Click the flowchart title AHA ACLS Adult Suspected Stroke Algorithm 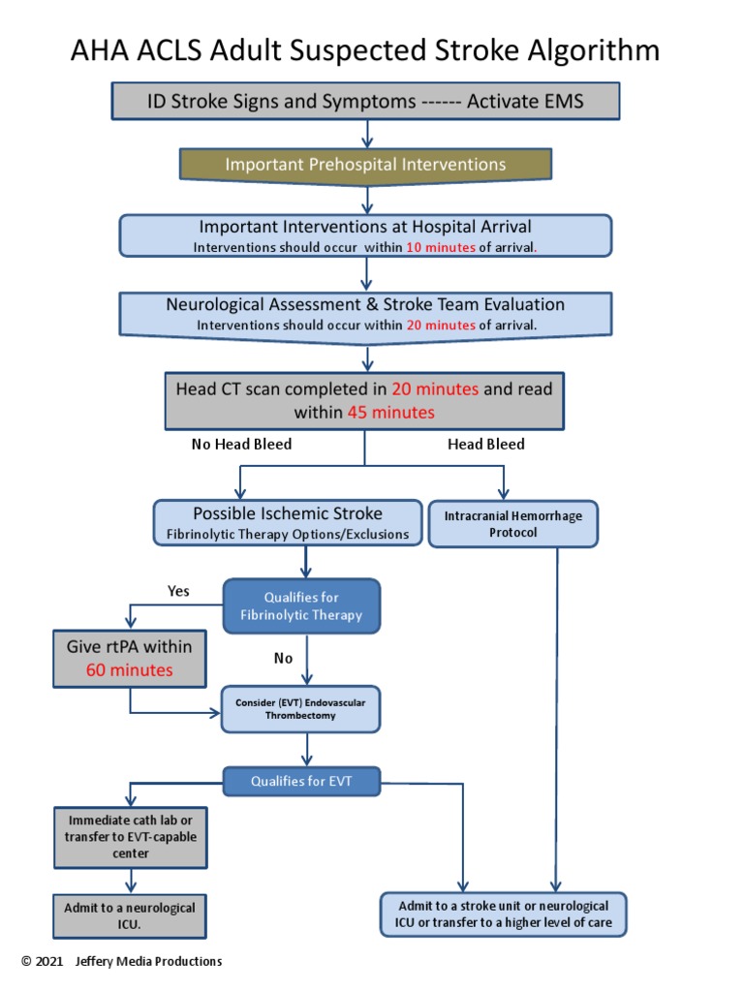[x=365, y=49]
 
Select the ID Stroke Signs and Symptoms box [x=365, y=102]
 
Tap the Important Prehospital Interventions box [x=365, y=165]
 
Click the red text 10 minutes [x=440, y=247]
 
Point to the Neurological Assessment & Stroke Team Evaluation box [x=365, y=313]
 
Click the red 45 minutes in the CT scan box [x=390, y=413]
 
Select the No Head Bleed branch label [x=241, y=445]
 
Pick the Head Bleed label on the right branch [x=485, y=445]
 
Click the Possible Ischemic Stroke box [x=287, y=522]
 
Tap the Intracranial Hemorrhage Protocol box [x=512, y=524]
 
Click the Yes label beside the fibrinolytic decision [x=178, y=591]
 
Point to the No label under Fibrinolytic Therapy [x=283, y=659]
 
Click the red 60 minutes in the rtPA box [x=130, y=670]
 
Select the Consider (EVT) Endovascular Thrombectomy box [x=300, y=709]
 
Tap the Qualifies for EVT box [x=301, y=781]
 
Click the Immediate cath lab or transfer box [x=130, y=836]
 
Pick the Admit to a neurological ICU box [x=130, y=915]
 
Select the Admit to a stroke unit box [x=504, y=914]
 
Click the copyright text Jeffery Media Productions [x=148, y=962]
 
